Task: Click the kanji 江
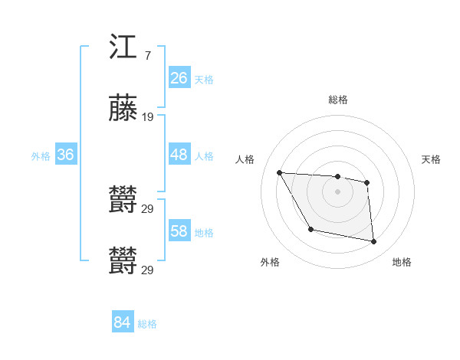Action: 123,48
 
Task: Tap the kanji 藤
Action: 123,109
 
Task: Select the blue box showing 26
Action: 179,78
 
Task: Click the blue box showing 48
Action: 179,155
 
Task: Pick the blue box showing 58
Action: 179,231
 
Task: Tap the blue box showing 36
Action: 65,155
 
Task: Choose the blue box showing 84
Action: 122,322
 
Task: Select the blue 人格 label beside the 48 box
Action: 204,156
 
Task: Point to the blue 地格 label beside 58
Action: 204,233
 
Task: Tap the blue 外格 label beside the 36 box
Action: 41,156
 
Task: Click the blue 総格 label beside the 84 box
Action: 147,324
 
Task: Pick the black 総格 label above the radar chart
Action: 338,100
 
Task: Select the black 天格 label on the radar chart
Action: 431,159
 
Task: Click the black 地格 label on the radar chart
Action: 402,262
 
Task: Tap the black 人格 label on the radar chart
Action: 245,159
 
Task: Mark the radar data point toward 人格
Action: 279,172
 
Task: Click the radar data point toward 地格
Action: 374,242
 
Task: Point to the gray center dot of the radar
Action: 338,191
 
